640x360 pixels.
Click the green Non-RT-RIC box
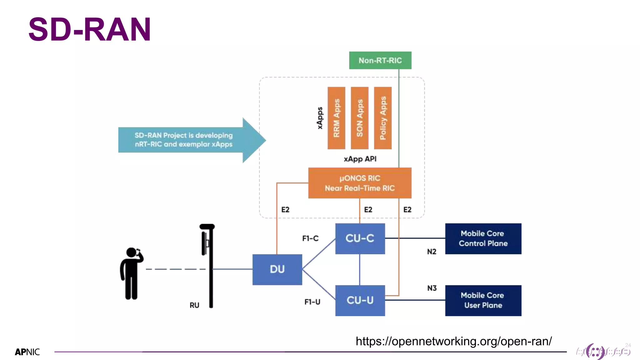coord(380,60)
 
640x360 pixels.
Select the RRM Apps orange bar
coord(336,118)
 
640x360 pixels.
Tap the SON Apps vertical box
coord(359,118)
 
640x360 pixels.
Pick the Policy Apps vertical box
coord(382,118)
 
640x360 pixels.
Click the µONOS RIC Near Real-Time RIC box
coord(359,183)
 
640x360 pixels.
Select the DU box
coord(277,269)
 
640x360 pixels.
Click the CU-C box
coord(360,238)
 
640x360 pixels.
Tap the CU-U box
coord(360,300)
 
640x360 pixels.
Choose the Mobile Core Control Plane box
coord(483,238)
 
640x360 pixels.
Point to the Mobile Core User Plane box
coord(483,300)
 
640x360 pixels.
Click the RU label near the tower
coord(194,305)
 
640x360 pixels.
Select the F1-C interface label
coord(310,238)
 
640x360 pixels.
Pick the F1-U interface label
coord(312,302)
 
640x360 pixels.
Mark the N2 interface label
coord(432,252)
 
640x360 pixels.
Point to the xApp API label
coord(360,159)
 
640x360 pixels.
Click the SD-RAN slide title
coord(90,29)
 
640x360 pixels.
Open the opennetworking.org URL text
coord(453,341)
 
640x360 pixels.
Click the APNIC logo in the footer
coord(27,352)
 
